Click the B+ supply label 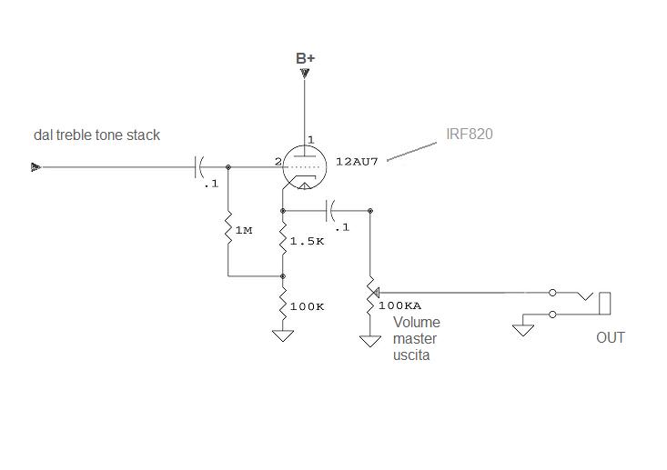click(306, 58)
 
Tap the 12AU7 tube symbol click(305, 167)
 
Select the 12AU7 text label click(357, 162)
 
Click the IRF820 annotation click(470, 135)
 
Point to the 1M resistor click(228, 227)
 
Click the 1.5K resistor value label click(307, 242)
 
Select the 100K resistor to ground click(283, 304)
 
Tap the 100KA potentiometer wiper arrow click(375, 293)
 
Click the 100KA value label click(399, 305)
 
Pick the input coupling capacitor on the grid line click(199, 167)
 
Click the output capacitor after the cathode click(330, 210)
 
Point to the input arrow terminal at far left click(35, 167)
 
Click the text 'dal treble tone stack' click(96, 135)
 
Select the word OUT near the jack click(611, 338)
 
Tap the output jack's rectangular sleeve click(605, 304)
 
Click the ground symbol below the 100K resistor click(283, 335)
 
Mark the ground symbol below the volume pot click(370, 341)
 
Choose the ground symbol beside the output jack click(523, 330)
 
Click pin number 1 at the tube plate click(310, 139)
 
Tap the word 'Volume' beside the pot click(417, 322)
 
